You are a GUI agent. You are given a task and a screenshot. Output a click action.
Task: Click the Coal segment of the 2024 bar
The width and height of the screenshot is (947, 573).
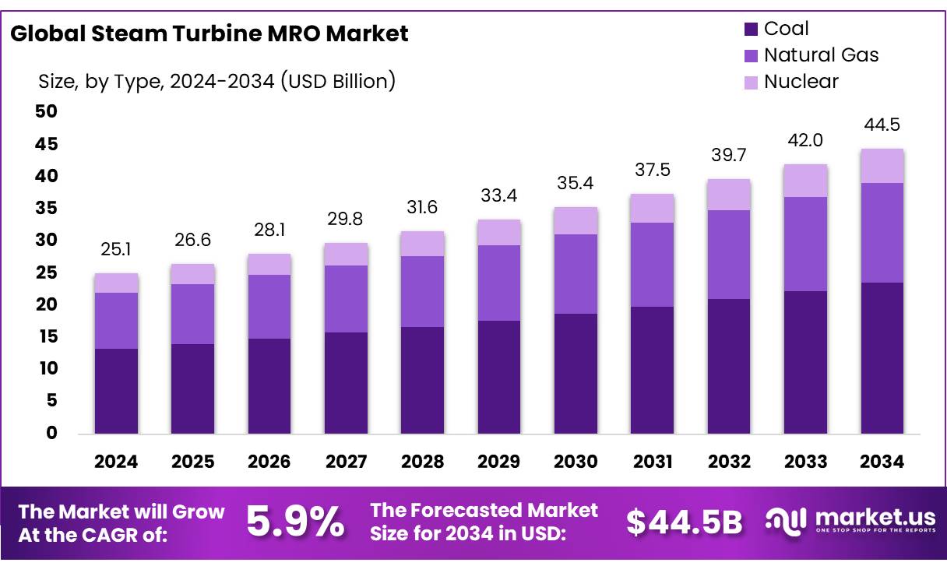tap(116, 391)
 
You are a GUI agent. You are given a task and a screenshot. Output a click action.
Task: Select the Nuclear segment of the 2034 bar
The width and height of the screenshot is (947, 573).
tap(882, 166)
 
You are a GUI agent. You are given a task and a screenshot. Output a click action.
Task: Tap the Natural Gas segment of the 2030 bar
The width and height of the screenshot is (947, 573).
tap(576, 274)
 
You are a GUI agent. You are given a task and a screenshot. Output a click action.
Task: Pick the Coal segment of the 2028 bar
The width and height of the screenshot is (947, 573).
tap(422, 380)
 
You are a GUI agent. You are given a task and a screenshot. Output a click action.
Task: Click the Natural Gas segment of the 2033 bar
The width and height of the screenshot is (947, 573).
tap(805, 244)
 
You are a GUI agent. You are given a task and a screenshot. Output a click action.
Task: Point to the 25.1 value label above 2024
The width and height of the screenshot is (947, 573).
tap(116, 251)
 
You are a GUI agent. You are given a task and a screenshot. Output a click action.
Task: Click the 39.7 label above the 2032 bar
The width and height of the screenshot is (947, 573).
tap(729, 156)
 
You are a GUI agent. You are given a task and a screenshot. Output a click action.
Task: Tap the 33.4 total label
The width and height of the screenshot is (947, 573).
tap(499, 195)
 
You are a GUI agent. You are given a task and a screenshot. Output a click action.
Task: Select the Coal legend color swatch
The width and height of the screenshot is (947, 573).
tap(751, 30)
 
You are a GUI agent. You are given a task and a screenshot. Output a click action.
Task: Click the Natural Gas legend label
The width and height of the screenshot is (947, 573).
tap(821, 55)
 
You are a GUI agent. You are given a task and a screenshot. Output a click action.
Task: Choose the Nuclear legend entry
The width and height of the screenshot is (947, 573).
tap(801, 82)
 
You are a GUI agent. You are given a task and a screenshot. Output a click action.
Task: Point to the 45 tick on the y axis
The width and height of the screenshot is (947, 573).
tap(46, 144)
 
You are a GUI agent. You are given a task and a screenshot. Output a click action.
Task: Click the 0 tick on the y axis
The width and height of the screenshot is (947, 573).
tap(51, 434)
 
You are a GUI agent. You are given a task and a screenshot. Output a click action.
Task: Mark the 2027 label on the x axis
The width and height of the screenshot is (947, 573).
tap(346, 462)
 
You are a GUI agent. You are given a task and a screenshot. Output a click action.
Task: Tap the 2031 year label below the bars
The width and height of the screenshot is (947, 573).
tap(653, 462)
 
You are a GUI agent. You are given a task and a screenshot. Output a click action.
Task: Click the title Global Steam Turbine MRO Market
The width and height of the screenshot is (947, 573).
tap(209, 33)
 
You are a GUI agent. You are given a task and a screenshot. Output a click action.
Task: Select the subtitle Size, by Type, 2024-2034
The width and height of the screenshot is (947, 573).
tap(217, 80)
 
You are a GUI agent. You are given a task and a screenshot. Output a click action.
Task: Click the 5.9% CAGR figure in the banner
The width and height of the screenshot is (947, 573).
tap(295, 522)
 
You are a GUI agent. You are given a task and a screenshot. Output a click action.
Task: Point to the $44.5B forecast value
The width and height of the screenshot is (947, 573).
tap(684, 522)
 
